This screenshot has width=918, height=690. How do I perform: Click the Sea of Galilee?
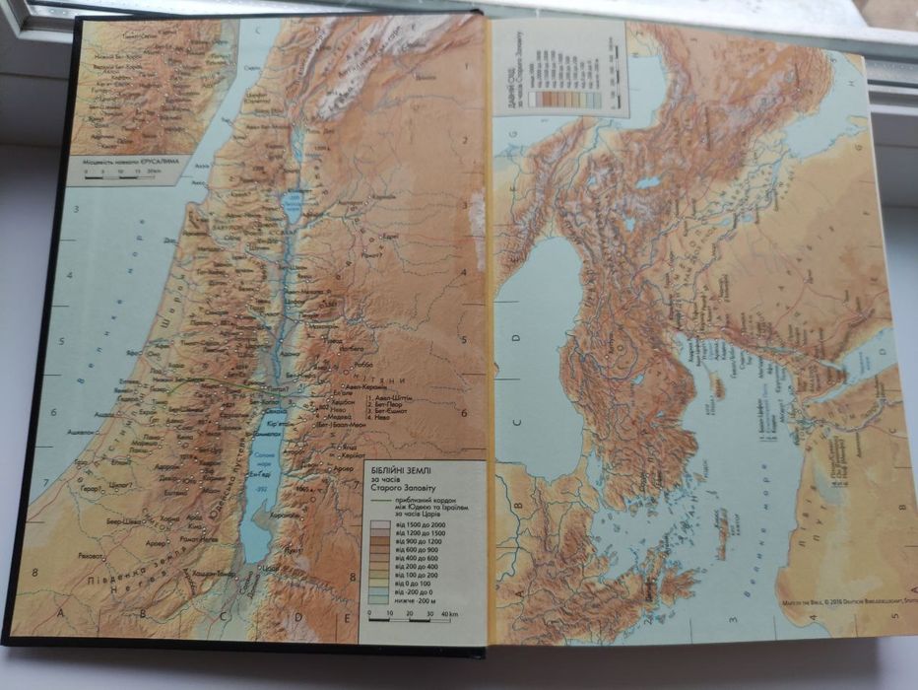pos(293,208)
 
